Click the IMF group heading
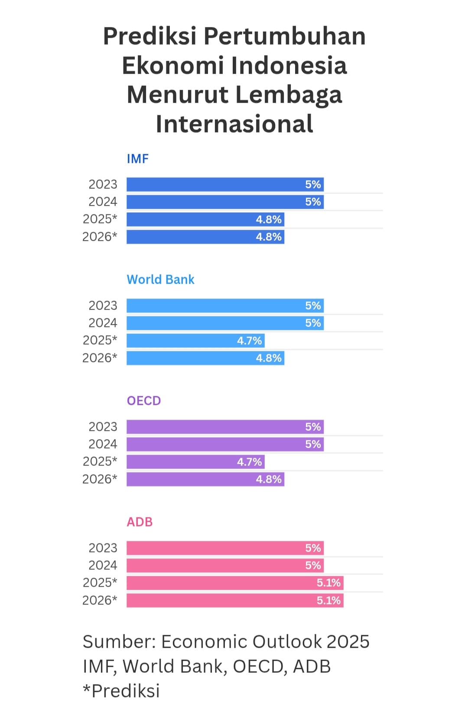click(137, 159)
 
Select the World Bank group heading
click(160, 280)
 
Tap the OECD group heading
click(143, 401)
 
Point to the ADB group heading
click(140, 522)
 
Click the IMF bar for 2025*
click(205, 219)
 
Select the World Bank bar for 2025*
click(195, 341)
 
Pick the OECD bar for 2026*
click(205, 479)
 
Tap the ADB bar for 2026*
click(234, 600)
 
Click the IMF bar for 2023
click(225, 184)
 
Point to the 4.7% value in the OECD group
click(249, 462)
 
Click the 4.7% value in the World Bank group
click(249, 341)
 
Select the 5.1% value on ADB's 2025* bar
click(328, 583)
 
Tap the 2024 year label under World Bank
click(103, 323)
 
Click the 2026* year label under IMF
click(100, 237)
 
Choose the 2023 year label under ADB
click(103, 548)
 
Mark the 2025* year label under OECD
click(100, 461)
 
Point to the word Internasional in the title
click(234, 124)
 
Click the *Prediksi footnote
click(121, 691)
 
